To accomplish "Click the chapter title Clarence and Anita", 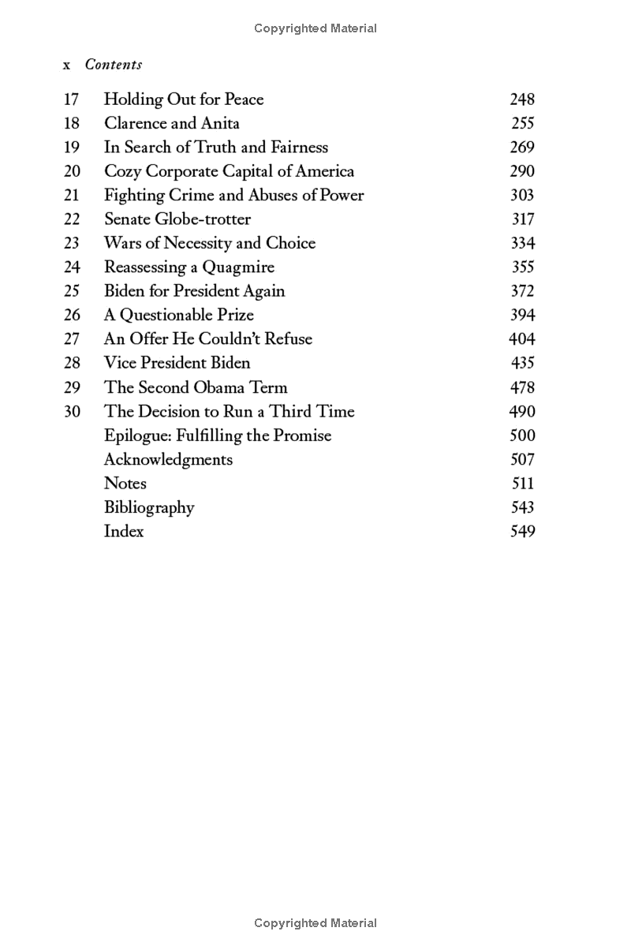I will click(x=171, y=123).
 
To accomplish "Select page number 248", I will click(x=521, y=99).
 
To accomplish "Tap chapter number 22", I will click(x=72, y=219).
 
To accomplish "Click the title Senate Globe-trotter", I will click(x=177, y=219).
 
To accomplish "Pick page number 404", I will click(x=521, y=339).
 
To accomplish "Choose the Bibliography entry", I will click(x=149, y=507).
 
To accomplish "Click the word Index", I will click(x=124, y=531).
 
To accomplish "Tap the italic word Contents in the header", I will click(x=114, y=65).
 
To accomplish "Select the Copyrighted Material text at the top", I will click(x=315, y=28).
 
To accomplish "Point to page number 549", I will click(x=522, y=531).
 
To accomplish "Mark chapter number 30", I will click(x=72, y=411).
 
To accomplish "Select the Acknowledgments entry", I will click(x=168, y=459).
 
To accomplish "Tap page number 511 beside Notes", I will click(x=522, y=483).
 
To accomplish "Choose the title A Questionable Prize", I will click(x=179, y=315).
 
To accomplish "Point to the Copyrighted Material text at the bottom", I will click(x=315, y=922).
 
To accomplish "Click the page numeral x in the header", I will click(x=67, y=65).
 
